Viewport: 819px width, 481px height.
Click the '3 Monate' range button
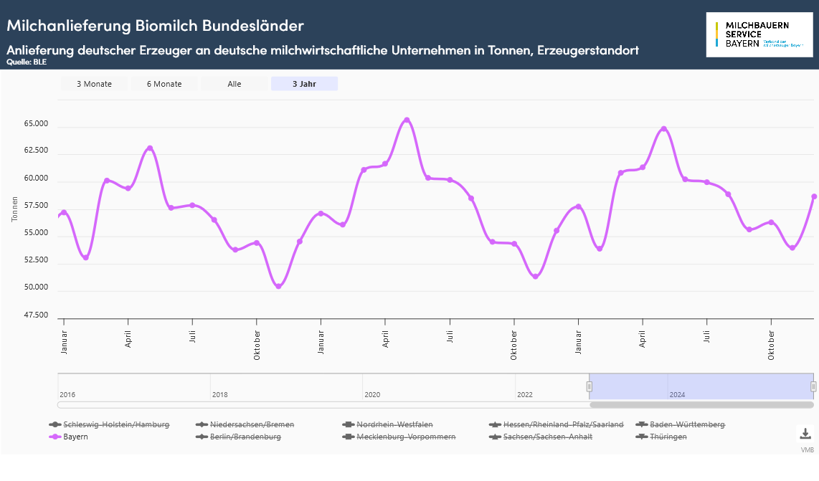click(94, 84)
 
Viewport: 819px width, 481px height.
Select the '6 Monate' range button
click(164, 84)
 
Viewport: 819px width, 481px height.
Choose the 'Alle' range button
click(235, 84)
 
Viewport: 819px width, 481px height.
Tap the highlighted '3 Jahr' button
click(304, 84)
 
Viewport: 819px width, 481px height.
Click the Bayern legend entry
click(75, 437)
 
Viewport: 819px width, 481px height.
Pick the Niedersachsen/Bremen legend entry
click(252, 424)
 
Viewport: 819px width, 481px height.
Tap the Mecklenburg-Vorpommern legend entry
click(405, 437)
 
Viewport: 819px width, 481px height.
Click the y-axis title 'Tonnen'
click(15, 207)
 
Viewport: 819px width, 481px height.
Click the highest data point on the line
click(407, 120)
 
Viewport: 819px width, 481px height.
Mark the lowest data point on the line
click(278, 287)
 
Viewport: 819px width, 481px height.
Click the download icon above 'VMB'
click(805, 434)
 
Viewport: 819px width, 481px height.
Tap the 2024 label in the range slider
click(677, 395)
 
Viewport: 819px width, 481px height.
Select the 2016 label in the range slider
click(67, 395)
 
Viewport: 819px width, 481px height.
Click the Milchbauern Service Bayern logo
click(759, 34)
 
